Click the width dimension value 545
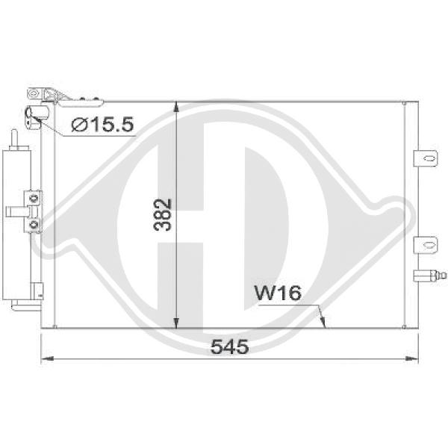coord(228,347)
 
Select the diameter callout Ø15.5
coord(103,125)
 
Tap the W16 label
coord(278,293)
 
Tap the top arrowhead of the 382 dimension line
coord(175,107)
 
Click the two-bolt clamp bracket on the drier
coord(33,212)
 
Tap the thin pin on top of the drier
coord(14,138)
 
